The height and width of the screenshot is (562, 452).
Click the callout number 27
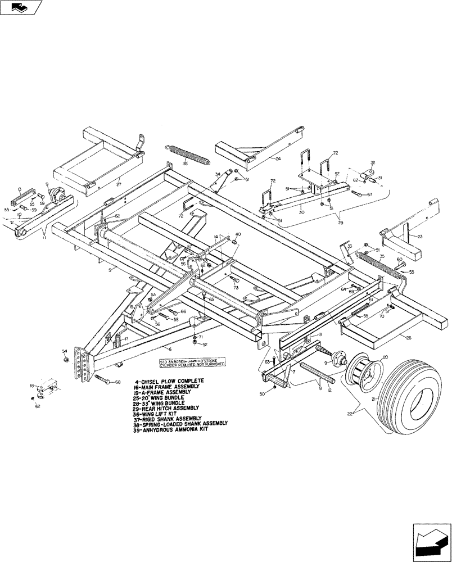coord(119,183)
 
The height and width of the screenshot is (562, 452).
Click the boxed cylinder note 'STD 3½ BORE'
coord(192,361)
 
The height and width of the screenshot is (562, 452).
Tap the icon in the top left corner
coord(21,8)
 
